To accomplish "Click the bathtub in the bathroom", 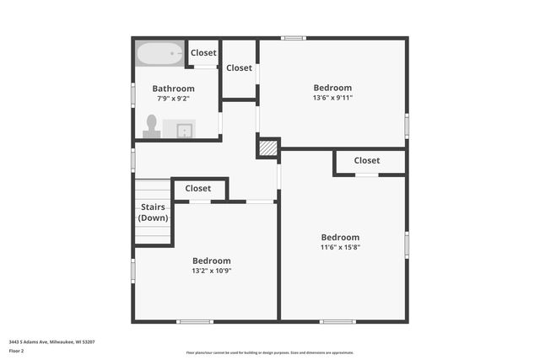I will point(159,54).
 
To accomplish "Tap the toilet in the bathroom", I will point(152,126).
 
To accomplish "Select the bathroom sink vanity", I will point(179,129).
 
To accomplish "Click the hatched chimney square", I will point(267,148).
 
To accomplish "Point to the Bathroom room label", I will point(173,89).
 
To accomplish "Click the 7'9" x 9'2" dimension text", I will point(173,99).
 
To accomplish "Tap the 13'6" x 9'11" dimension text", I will point(332,98).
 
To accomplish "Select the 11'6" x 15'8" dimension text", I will point(340,247).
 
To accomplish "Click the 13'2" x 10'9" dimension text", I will point(211,271).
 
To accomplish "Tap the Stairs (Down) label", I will point(153,212).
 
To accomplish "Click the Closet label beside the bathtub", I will point(203,53).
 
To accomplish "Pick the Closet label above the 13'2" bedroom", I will point(198,188).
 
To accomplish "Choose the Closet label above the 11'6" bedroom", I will point(367,160).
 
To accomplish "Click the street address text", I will point(51,341).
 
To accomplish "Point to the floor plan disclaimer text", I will point(269,353).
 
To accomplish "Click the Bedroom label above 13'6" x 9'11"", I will point(332,88).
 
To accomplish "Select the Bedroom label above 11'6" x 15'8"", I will point(340,237).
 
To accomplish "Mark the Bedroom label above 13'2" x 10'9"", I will point(211,261).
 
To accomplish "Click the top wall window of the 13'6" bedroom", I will point(293,38).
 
